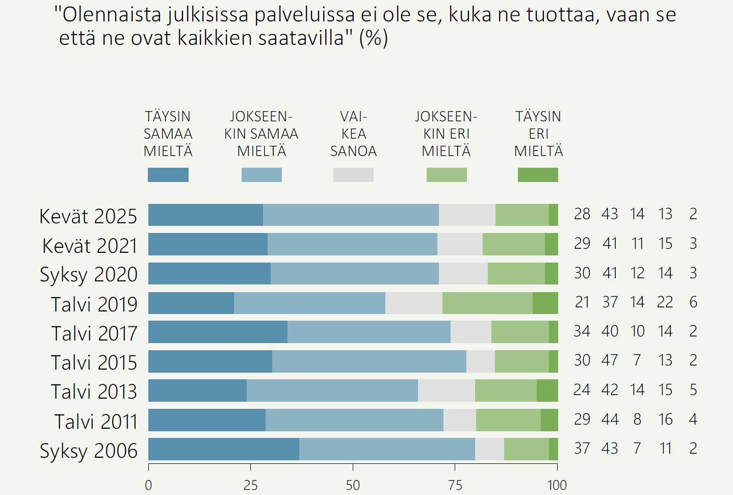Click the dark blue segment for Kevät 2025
point(205,215)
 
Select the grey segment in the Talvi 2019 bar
point(413,303)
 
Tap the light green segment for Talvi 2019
point(487,303)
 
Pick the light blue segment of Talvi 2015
point(369,361)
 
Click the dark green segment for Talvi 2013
point(547,390)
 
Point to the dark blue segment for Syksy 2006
point(223,449)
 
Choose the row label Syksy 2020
point(89,275)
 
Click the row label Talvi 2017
point(94,333)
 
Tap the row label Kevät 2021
point(90,246)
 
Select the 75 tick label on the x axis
point(455,485)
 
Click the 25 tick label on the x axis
point(251,485)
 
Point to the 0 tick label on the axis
point(148,485)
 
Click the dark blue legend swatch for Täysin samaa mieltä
point(168,175)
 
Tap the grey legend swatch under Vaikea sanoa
point(353,175)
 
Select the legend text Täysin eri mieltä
point(538,134)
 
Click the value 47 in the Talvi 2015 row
point(610,360)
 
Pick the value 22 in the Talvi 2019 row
point(665,302)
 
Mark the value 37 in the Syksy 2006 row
point(582,449)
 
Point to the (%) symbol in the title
point(374,38)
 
